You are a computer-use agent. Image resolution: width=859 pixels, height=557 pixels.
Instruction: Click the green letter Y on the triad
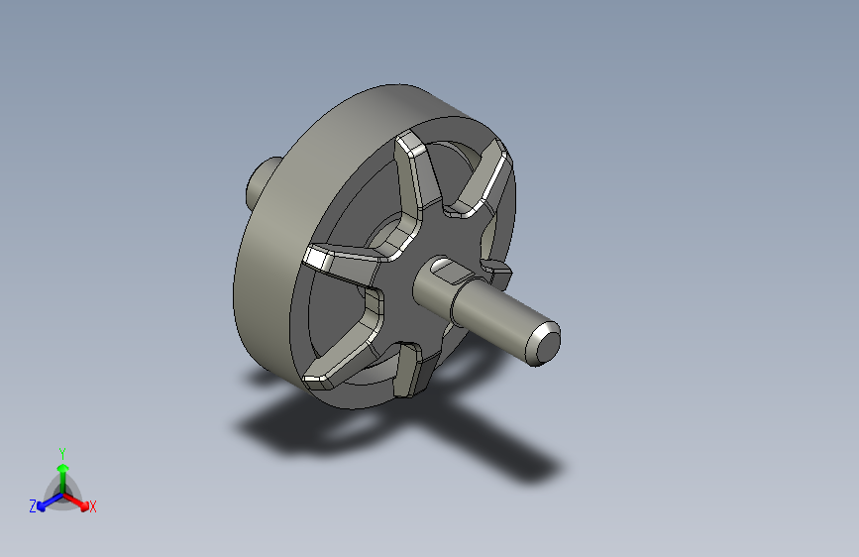pyautogui.click(x=61, y=452)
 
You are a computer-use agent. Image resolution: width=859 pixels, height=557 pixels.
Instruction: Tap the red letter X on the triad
pyautogui.click(x=93, y=506)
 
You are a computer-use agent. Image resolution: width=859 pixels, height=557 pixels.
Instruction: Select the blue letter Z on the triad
pyautogui.click(x=33, y=505)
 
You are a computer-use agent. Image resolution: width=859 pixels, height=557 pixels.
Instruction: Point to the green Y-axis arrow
pyautogui.click(x=61, y=472)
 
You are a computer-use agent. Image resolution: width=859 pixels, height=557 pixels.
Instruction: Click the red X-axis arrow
pyautogui.click(x=79, y=501)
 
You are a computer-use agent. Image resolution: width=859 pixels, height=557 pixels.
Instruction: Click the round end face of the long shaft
pyautogui.click(x=544, y=340)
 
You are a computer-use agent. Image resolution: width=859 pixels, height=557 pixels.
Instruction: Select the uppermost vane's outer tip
pyautogui.click(x=409, y=148)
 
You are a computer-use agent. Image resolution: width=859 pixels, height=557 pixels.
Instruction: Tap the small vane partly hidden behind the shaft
pyautogui.click(x=494, y=271)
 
